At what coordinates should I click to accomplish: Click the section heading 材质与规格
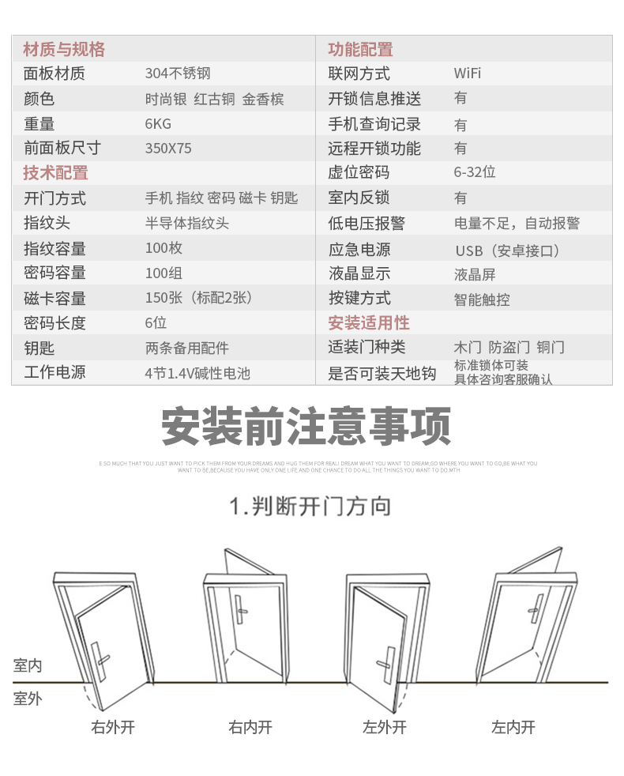pyautogui.click(x=64, y=49)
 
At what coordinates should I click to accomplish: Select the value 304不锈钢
pyautogui.click(x=178, y=73)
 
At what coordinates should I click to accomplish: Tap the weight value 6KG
pyautogui.click(x=158, y=123)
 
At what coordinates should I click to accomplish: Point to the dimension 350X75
pyautogui.click(x=168, y=148)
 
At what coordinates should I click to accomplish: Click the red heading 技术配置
pyautogui.click(x=55, y=172)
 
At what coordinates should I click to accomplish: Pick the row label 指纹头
pyautogui.click(x=47, y=223)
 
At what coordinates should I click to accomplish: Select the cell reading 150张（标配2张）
pyautogui.click(x=198, y=298)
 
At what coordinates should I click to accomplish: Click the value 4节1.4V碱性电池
pyautogui.click(x=197, y=372)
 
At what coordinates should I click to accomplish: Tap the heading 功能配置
pyautogui.click(x=360, y=49)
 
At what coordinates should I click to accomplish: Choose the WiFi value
pyautogui.click(x=467, y=73)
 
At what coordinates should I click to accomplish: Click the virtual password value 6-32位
pyautogui.click(x=475, y=172)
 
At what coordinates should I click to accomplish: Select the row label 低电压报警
pyautogui.click(x=367, y=223)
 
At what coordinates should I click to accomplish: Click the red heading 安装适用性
pyautogui.click(x=369, y=322)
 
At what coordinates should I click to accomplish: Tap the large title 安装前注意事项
pyautogui.click(x=306, y=426)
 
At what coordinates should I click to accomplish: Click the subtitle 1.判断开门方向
pyautogui.click(x=310, y=506)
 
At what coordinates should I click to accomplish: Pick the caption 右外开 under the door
pyautogui.click(x=113, y=727)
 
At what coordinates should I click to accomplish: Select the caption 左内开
pyautogui.click(x=513, y=727)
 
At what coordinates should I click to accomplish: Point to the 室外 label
pyautogui.click(x=28, y=699)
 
